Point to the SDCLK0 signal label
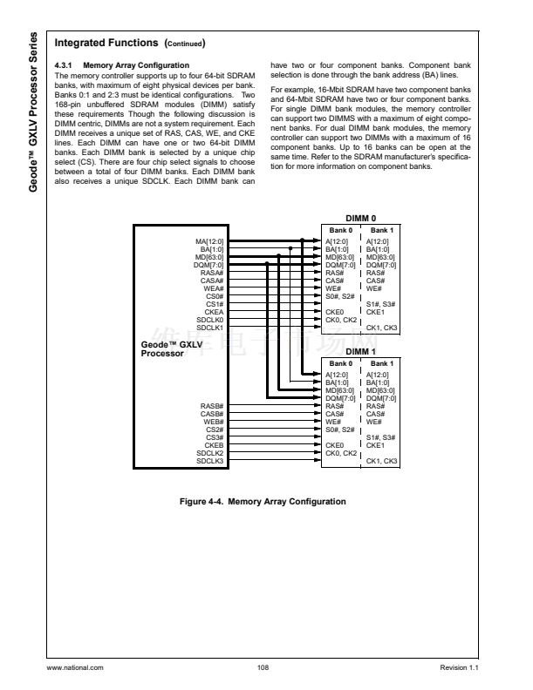click(209, 319)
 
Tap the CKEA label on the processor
click(214, 311)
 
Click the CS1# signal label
click(215, 304)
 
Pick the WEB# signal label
click(214, 422)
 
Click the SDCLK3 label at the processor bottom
click(209, 460)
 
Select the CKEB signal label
click(214, 445)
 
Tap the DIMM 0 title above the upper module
click(360, 219)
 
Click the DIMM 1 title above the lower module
click(360, 351)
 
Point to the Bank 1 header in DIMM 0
click(380, 229)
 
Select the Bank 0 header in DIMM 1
click(338, 362)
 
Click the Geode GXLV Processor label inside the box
click(166, 348)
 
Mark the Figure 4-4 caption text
click(262, 501)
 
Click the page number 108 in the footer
click(263, 667)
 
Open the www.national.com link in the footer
click(75, 667)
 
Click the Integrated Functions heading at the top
click(106, 42)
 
